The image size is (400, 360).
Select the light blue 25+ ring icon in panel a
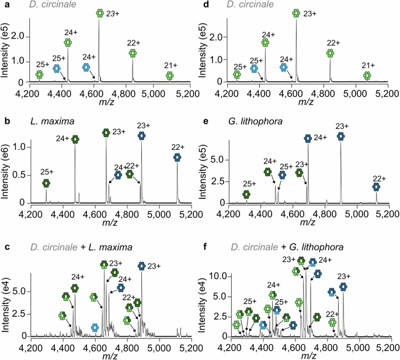[57, 68]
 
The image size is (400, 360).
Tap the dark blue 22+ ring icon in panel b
[178, 158]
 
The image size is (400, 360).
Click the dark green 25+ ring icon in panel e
[246, 194]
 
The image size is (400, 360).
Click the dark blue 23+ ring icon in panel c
[141, 267]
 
